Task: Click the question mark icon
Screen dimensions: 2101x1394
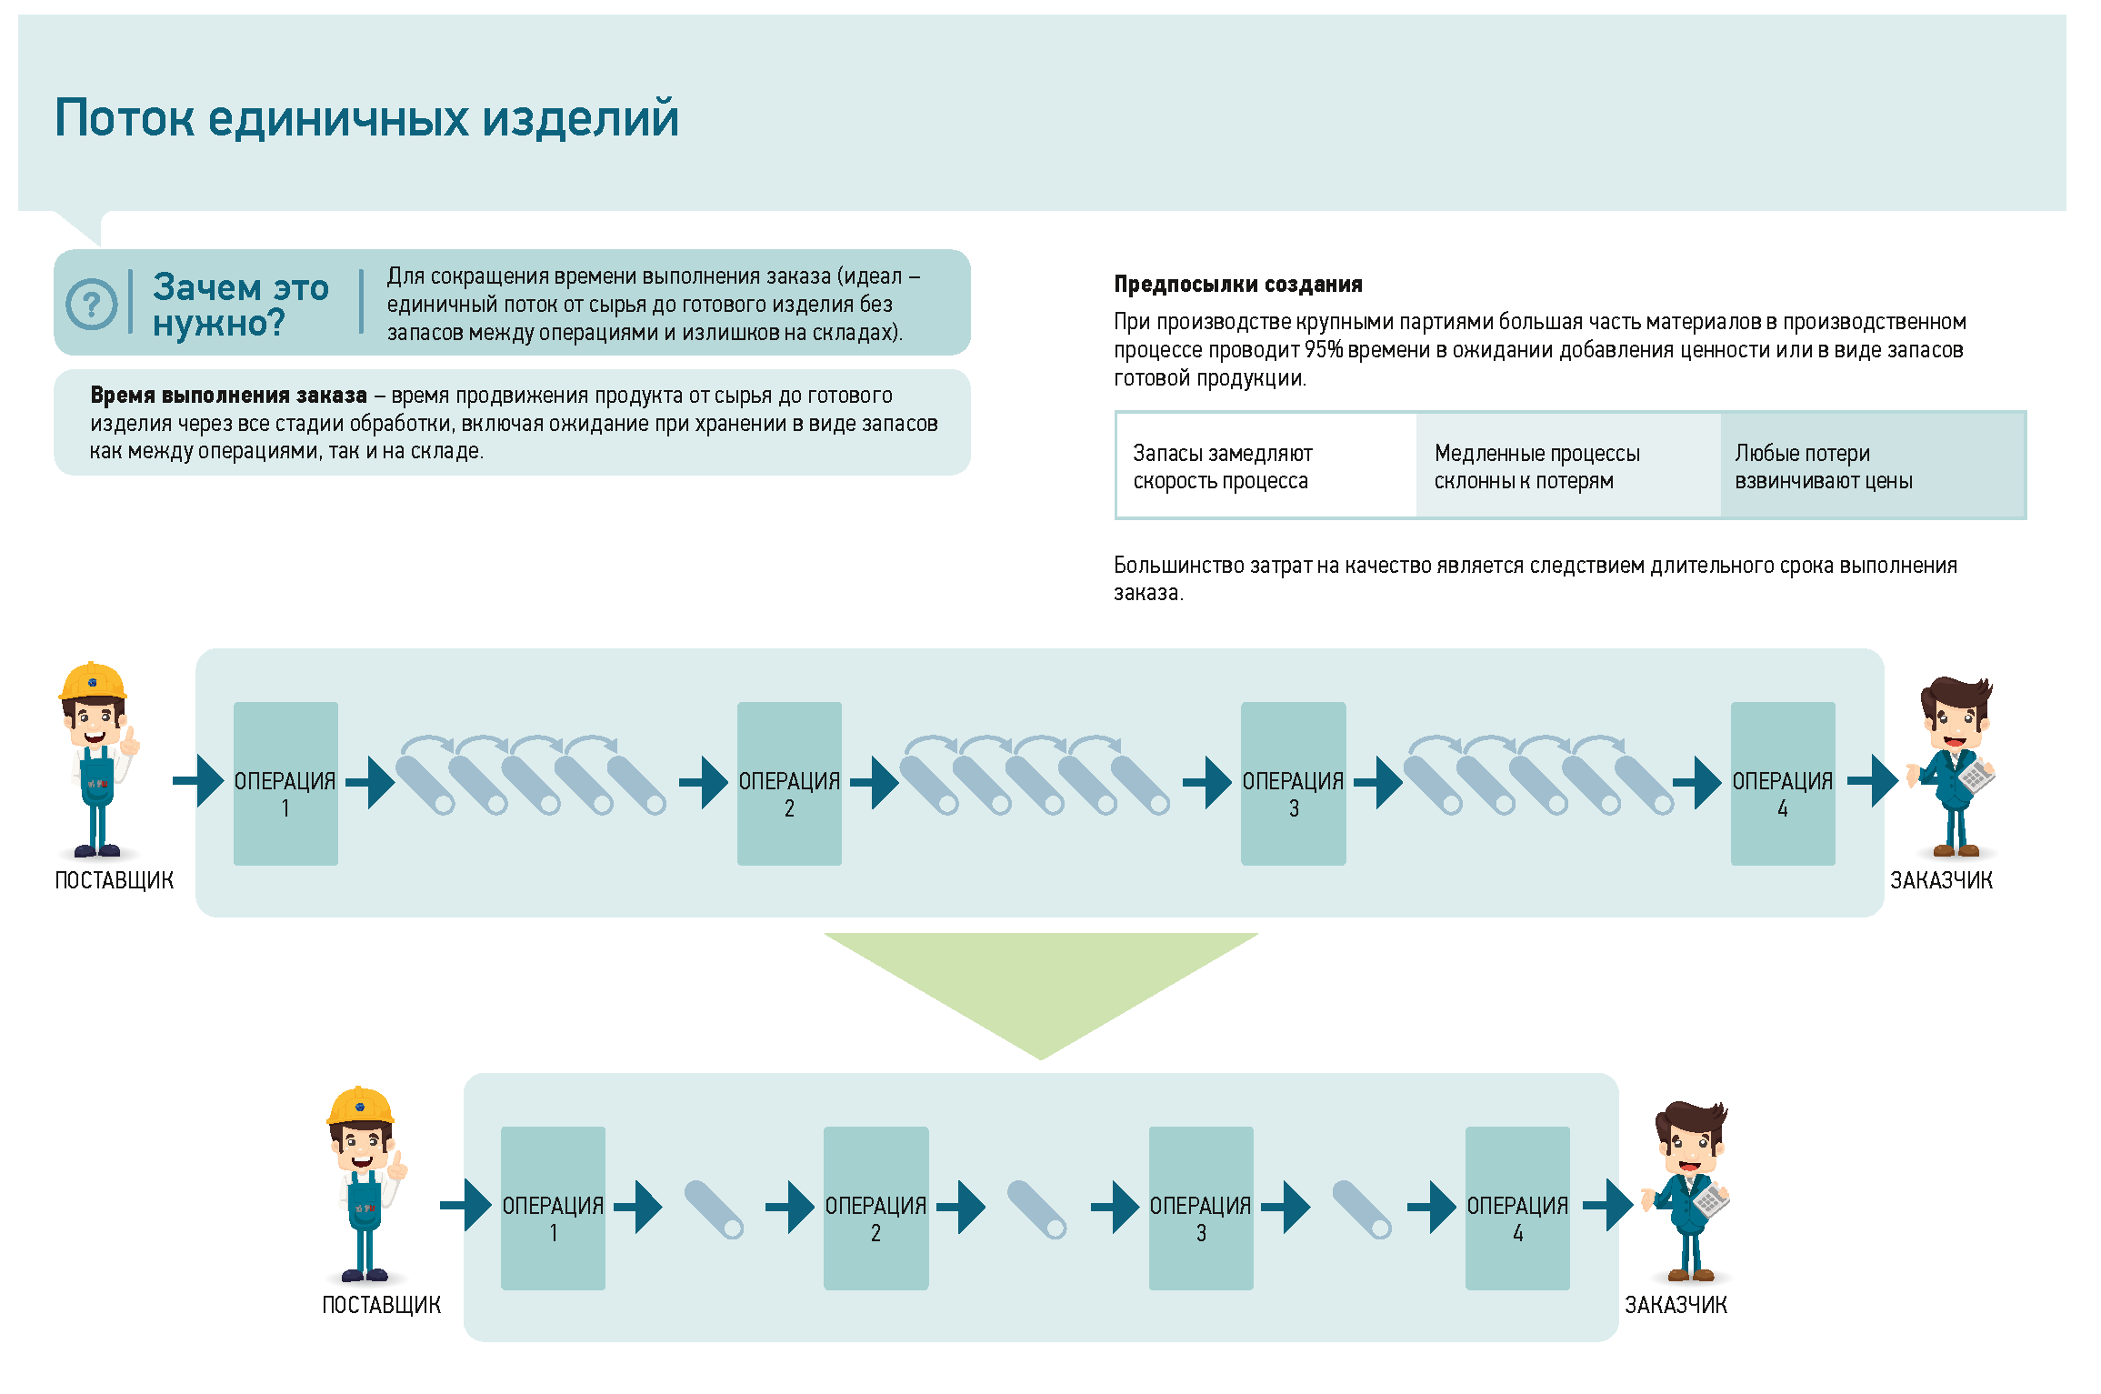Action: click(x=92, y=304)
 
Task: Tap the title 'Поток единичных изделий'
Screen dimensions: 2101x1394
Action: click(x=367, y=118)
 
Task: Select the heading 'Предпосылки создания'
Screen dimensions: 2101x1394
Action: click(x=1238, y=285)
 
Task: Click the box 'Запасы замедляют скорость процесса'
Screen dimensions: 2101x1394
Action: click(x=1266, y=466)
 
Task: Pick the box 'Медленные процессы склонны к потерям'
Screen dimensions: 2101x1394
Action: click(x=1568, y=466)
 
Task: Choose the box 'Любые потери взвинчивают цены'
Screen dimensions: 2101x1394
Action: click(x=1873, y=466)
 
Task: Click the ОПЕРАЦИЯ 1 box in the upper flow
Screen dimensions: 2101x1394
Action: click(x=285, y=783)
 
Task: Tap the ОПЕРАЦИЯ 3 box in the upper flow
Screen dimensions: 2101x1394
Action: click(x=1293, y=783)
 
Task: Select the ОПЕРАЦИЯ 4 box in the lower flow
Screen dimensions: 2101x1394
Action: click(x=1517, y=1208)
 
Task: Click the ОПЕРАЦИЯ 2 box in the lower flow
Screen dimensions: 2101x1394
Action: click(x=875, y=1208)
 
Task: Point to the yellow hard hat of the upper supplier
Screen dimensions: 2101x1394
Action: click(x=93, y=681)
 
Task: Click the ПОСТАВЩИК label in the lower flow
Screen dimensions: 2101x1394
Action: click(x=382, y=1305)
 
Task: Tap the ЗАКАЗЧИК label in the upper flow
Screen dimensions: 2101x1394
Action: click(x=1941, y=880)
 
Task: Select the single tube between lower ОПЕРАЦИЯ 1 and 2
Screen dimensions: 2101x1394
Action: click(x=714, y=1209)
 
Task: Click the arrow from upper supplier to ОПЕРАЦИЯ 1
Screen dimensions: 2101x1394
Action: click(x=198, y=781)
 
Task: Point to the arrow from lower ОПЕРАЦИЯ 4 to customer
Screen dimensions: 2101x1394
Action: click(x=1607, y=1206)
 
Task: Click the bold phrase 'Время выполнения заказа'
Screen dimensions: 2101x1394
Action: click(x=228, y=396)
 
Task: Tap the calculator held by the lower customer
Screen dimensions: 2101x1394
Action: click(x=1711, y=1200)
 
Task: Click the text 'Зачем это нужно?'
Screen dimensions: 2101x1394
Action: click(x=241, y=305)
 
